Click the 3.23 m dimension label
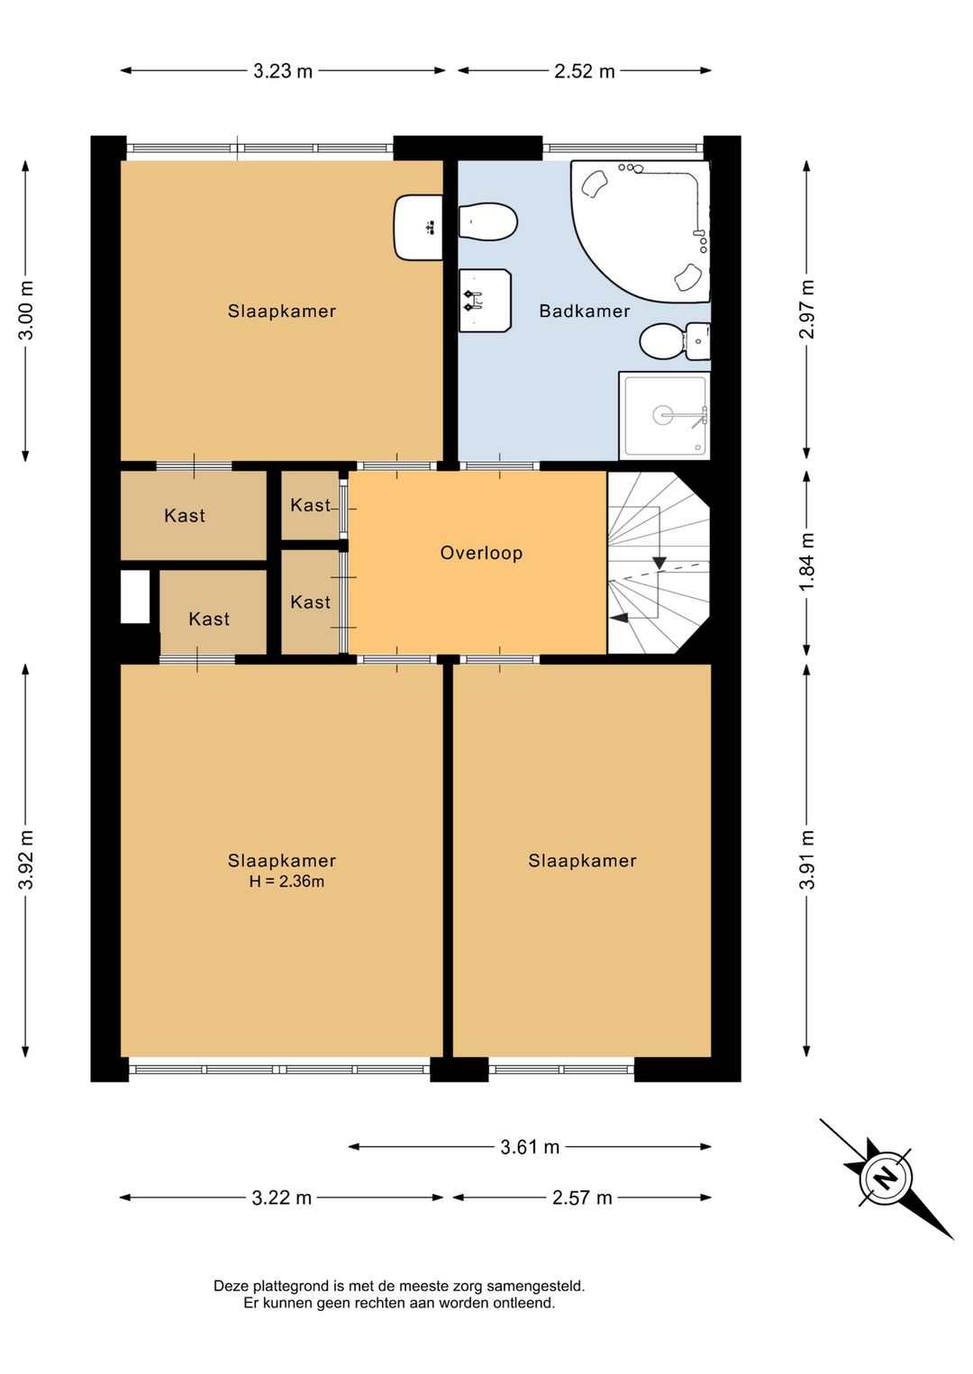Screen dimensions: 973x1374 coord(282,71)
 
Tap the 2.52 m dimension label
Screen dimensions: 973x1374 coord(584,71)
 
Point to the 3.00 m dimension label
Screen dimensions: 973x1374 coord(26,310)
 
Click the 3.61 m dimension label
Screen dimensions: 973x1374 coord(530,1146)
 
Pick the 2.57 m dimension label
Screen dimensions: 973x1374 coord(582,1198)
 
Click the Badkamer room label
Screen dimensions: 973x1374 coord(585,311)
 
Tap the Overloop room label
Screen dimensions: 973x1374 coord(481,553)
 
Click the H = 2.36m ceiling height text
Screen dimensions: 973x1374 coord(286,881)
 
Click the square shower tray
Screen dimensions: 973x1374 coord(664,415)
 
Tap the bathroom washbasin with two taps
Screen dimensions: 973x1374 coord(485,301)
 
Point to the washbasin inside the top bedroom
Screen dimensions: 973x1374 coord(418,228)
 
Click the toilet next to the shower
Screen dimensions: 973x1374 coord(674,341)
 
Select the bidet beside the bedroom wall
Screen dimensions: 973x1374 coord(488,222)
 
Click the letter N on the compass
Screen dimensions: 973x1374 coord(886,1178)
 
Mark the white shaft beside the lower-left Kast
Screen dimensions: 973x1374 coord(135,597)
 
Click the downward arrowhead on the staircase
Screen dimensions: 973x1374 coord(659,563)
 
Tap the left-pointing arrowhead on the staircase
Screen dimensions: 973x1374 coord(619,619)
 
